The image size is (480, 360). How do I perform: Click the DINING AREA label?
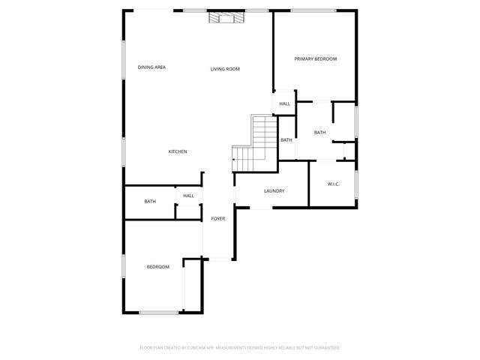(151, 67)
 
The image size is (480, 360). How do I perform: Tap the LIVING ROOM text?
(224, 69)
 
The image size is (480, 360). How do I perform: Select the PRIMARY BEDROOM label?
(315, 58)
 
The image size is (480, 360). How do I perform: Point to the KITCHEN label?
(177, 151)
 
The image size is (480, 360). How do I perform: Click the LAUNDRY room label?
(274, 190)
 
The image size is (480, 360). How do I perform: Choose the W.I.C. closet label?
(334, 184)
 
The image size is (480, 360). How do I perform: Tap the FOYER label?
(217, 218)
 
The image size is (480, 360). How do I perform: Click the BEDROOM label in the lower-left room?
(157, 267)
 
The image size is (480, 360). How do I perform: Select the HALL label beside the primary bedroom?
(285, 103)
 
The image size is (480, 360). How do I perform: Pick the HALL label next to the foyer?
(188, 196)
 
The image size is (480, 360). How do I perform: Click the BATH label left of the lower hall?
(150, 201)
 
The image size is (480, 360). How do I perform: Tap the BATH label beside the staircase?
(286, 140)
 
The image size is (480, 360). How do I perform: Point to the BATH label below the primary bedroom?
(319, 133)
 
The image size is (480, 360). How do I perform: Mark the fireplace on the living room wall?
(226, 17)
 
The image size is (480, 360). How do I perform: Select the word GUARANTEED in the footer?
(324, 347)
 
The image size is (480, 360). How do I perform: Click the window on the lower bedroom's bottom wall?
(158, 312)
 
